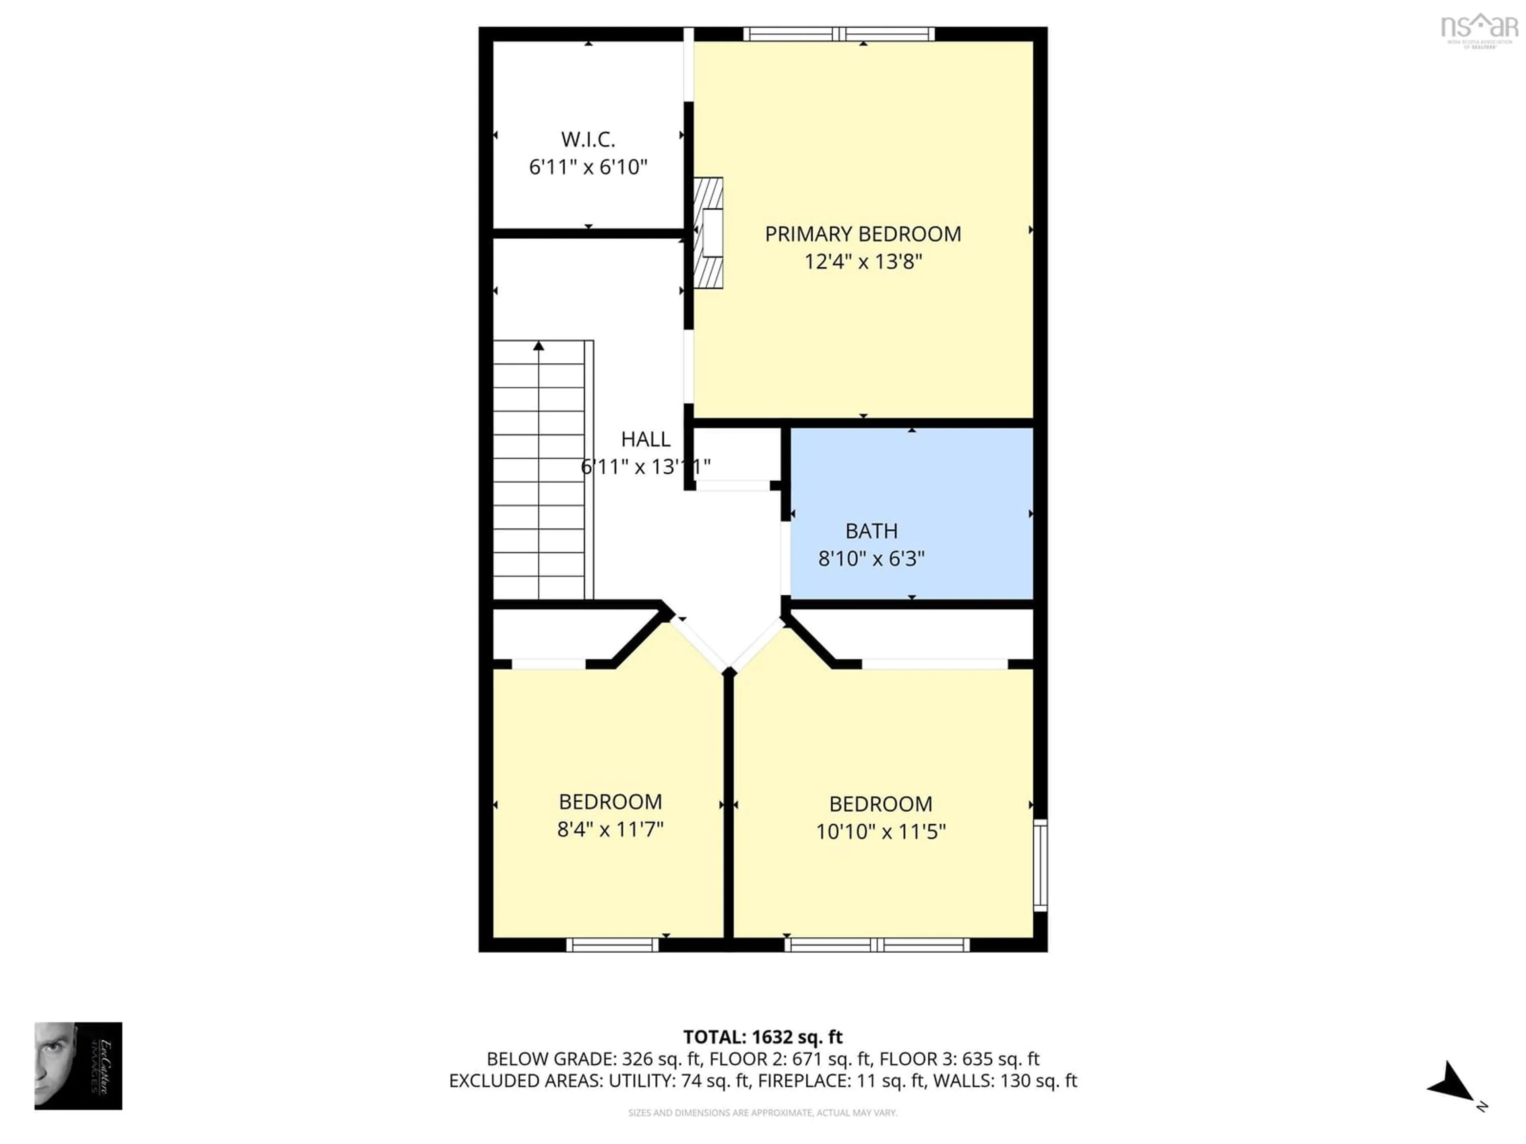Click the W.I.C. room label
coord(588,139)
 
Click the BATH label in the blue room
coord(871,531)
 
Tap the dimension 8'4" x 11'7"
coord(610,829)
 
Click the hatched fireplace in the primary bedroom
coord(709,233)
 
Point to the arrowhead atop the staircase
coord(538,346)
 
